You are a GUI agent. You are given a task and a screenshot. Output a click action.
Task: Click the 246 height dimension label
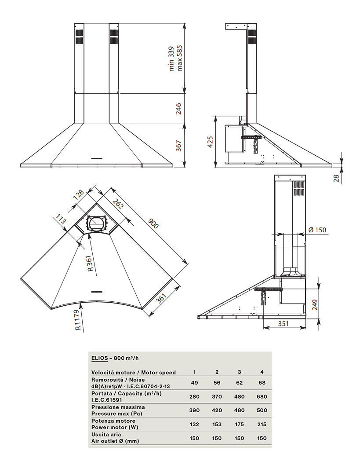tap(178, 109)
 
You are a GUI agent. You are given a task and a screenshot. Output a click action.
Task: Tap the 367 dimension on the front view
tap(178, 146)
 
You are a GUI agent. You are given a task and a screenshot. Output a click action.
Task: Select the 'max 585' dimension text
tap(179, 59)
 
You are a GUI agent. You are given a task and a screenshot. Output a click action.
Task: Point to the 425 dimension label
tap(210, 142)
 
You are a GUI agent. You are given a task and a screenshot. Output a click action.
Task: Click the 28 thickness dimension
tap(336, 178)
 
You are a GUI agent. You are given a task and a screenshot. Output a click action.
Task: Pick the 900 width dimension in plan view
tap(153, 223)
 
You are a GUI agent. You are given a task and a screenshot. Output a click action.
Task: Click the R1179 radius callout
tap(78, 320)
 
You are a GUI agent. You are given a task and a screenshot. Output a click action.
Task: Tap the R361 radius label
tap(91, 264)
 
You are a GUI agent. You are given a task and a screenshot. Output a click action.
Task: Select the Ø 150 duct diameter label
tap(317, 230)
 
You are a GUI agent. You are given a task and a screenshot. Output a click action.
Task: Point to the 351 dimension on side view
tap(283, 323)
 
